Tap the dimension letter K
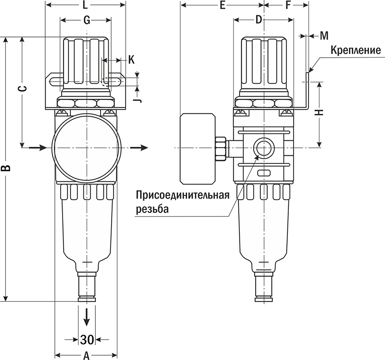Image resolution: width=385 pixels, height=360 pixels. point(131,60)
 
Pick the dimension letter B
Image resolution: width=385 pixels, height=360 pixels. point(5,168)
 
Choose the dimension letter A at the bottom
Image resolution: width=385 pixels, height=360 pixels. point(87,356)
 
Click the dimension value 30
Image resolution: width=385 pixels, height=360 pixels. point(87,339)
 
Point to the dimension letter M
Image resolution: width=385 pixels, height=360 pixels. point(323,36)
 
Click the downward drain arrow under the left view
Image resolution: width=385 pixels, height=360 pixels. point(87,316)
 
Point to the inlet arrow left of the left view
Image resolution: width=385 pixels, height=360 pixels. point(38,147)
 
